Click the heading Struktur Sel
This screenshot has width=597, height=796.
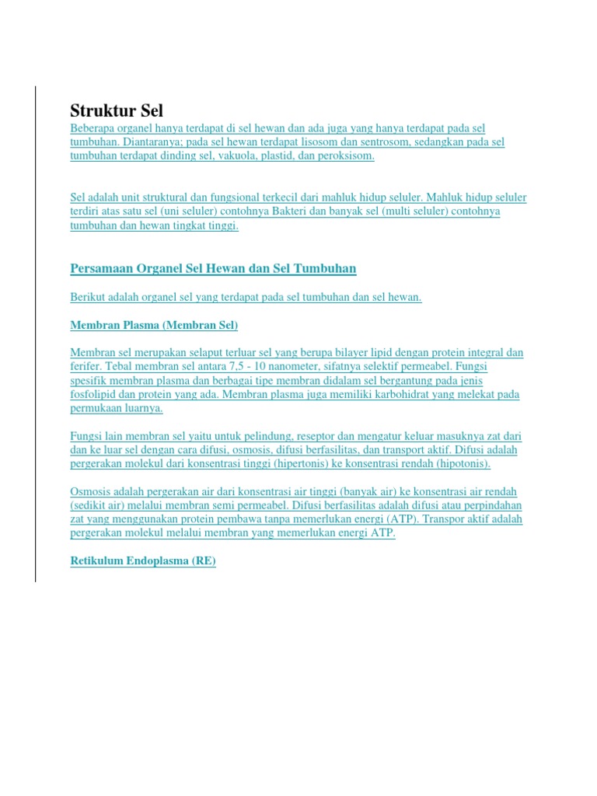tap(117, 110)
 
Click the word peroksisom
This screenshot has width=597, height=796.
tap(345, 155)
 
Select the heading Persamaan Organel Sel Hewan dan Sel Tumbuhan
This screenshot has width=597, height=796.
tap(213, 269)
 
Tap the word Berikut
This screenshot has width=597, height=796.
tap(88, 298)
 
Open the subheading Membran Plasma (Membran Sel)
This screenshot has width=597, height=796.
tap(154, 325)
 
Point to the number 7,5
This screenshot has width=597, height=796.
tap(232, 366)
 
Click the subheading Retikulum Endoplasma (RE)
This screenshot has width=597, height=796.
tap(143, 560)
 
